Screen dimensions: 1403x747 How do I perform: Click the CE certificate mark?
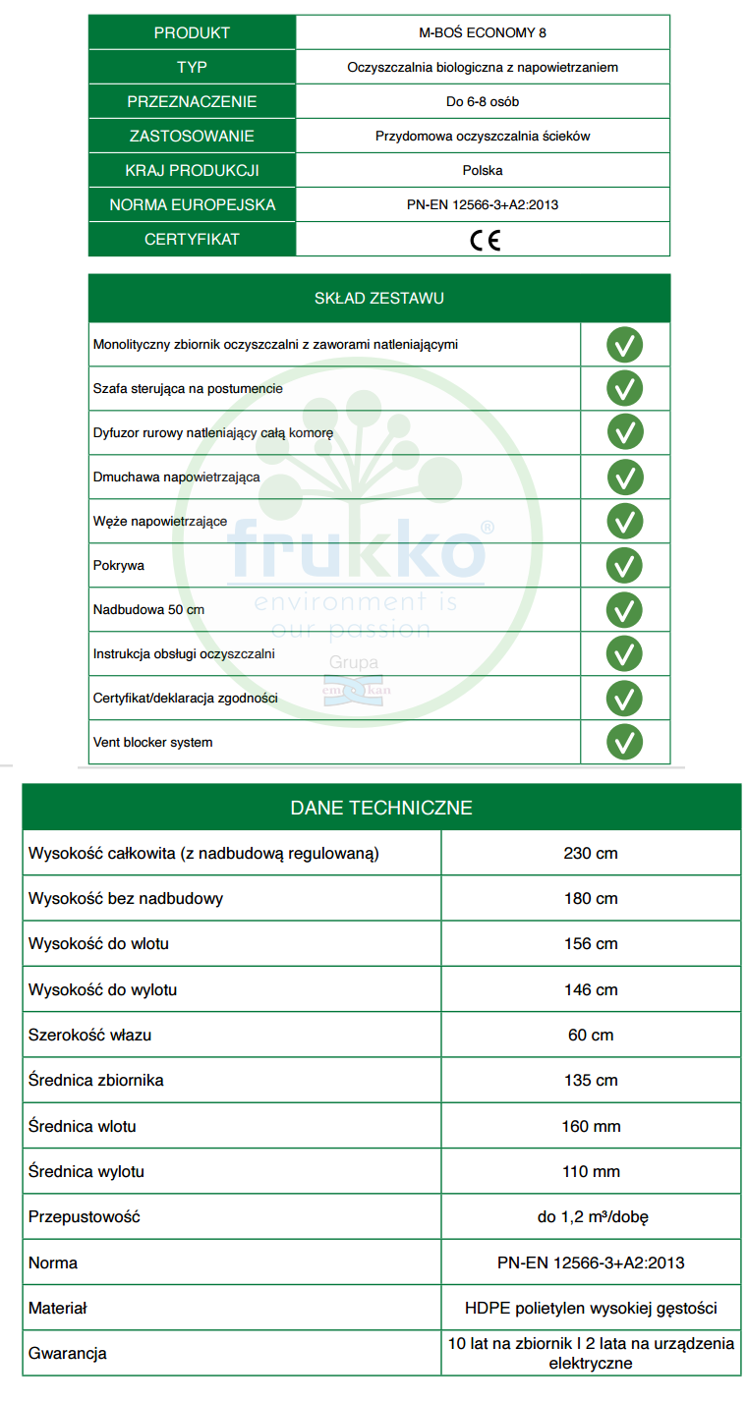(484, 240)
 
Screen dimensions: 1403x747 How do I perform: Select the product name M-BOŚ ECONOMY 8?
(483, 32)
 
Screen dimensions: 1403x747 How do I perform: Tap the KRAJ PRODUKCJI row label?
(192, 170)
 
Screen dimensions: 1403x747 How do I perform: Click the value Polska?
(483, 170)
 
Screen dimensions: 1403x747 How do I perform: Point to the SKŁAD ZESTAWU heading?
(378, 299)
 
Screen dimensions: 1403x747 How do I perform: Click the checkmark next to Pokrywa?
(624, 565)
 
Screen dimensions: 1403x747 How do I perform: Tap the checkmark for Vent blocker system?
(624, 742)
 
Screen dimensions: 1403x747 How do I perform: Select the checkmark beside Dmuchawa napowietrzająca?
(624, 477)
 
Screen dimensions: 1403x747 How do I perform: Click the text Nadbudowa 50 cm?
(148, 609)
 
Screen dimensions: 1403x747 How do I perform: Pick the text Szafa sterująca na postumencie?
(188, 388)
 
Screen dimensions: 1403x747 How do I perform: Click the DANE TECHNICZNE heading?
(381, 808)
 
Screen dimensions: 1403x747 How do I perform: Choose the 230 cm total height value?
(591, 853)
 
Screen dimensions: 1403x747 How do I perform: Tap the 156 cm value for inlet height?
(591, 944)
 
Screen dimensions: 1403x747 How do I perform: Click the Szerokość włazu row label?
(89, 1035)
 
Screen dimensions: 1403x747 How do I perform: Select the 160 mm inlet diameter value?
(591, 1126)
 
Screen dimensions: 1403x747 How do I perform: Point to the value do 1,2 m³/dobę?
(591, 1217)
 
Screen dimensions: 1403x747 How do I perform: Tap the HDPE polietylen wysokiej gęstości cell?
(591, 1309)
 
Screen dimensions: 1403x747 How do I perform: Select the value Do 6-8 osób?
(483, 101)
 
